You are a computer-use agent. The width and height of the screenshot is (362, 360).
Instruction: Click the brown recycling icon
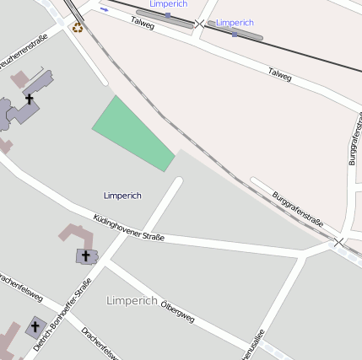point(78,27)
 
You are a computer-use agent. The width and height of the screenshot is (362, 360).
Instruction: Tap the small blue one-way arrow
point(104,9)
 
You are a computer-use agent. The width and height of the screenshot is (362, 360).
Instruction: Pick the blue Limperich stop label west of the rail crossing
point(168,4)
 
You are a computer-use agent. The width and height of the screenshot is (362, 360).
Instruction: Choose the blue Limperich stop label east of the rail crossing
point(235,22)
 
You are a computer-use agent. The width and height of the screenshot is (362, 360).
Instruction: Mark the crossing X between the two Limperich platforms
point(200,24)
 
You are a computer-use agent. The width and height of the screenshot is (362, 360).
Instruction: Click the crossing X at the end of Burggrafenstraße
point(339,242)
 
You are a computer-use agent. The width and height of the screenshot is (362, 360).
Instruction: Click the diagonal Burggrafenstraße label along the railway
point(299,210)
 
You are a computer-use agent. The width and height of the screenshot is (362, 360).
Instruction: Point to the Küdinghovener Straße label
point(129,228)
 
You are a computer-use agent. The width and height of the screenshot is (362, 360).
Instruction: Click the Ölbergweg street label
point(177,310)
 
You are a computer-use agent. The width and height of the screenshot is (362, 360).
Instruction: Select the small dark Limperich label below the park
point(122,196)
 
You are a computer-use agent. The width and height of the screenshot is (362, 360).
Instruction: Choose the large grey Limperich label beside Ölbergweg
point(132,300)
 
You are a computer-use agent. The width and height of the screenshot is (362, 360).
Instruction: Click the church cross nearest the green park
point(30,99)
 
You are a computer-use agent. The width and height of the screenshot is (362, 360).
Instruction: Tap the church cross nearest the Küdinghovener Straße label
point(85,255)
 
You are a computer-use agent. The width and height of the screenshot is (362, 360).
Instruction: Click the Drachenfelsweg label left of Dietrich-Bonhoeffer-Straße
point(19,287)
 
